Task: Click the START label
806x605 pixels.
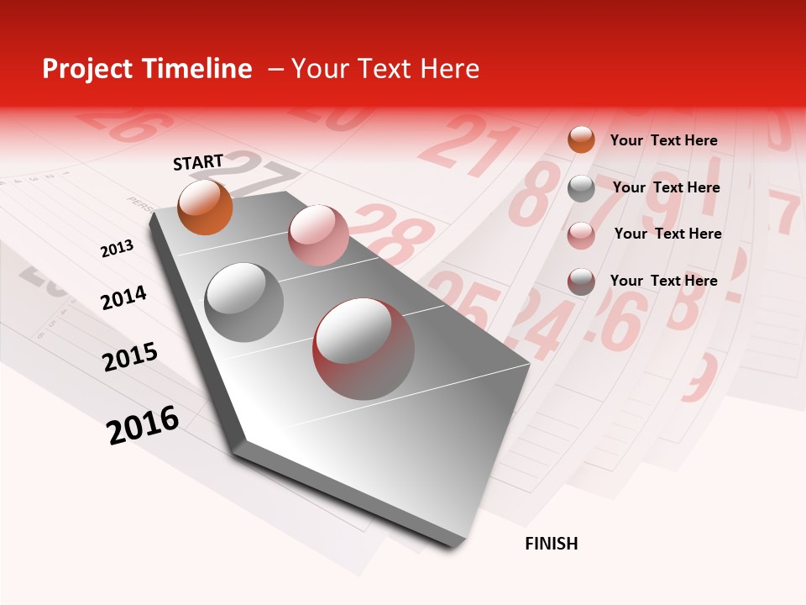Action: click(198, 162)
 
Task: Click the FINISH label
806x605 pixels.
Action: click(552, 544)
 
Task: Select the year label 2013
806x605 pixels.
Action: click(117, 249)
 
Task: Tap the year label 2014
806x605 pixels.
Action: click(123, 298)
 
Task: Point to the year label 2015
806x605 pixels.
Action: click(130, 357)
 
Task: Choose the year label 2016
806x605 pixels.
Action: click(143, 425)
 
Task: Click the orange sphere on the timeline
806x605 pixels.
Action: click(205, 207)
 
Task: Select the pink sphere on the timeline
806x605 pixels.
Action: click(318, 235)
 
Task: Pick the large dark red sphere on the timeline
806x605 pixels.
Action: click(364, 349)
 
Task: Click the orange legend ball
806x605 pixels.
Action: click(581, 139)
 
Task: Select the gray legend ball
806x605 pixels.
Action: click(581, 188)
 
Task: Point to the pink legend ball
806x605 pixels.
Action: click(581, 235)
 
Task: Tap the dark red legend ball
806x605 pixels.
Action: click(581, 281)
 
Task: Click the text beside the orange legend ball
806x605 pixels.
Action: click(663, 140)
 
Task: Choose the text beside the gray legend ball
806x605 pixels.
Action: click(666, 187)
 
